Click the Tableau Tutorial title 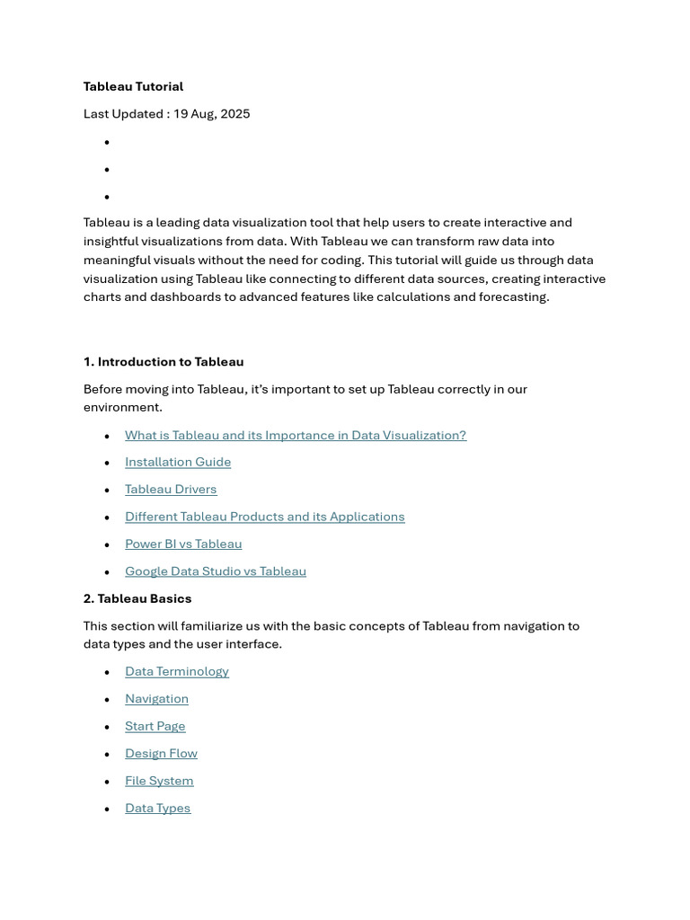click(133, 86)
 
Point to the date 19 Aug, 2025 click(212, 114)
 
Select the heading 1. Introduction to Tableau click(164, 362)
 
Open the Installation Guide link click(178, 462)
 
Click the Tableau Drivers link click(171, 490)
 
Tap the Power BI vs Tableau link click(183, 544)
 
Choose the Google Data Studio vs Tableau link click(216, 571)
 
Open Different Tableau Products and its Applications click(265, 517)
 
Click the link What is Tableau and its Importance click(296, 435)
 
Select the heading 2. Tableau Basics click(137, 598)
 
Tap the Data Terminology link click(177, 671)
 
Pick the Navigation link click(156, 699)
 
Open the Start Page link click(155, 726)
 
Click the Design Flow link click(161, 754)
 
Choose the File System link click(159, 781)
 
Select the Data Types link click(158, 809)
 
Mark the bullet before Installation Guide click(107, 463)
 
